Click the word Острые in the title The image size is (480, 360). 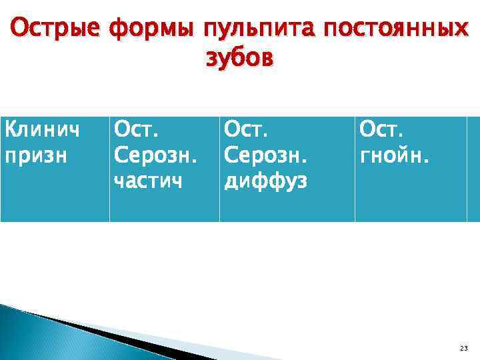[54, 29]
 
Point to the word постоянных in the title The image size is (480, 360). [392, 29]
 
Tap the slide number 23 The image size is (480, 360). [464, 348]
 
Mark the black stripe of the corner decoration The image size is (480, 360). [133, 343]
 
